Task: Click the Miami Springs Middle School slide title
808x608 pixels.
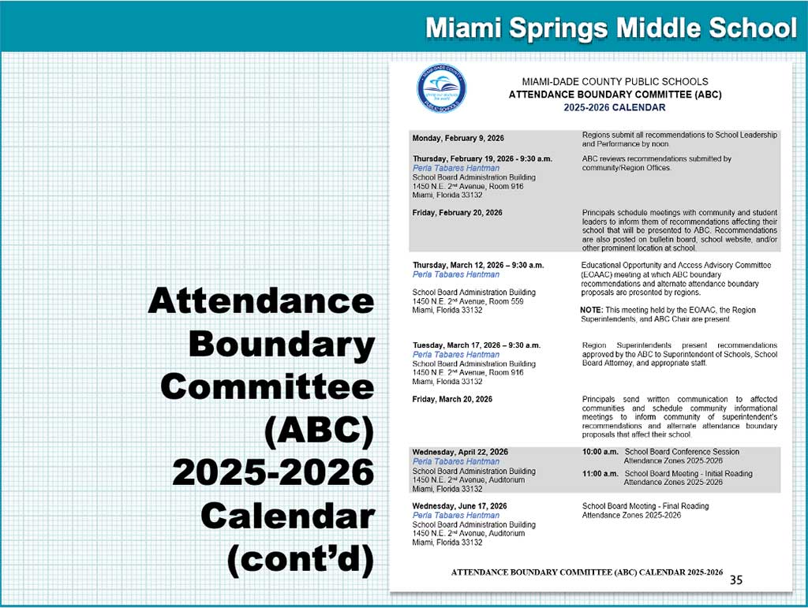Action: [610, 29]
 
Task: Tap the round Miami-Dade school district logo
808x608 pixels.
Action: [441, 88]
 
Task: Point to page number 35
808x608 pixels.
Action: [735, 580]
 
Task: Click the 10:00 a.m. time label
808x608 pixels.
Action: [600, 452]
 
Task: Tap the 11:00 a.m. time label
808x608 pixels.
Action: [600, 474]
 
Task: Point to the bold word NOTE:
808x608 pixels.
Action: [593, 310]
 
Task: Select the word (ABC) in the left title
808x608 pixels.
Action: [319, 430]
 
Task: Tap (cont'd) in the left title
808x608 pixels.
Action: [300, 559]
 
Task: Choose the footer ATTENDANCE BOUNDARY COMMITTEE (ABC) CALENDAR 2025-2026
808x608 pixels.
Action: [587, 572]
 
